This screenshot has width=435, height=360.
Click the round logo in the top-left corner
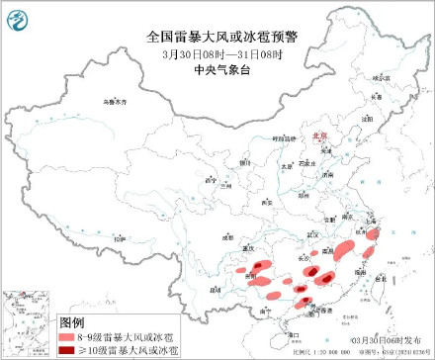click(18, 18)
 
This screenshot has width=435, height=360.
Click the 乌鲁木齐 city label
click(117, 102)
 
